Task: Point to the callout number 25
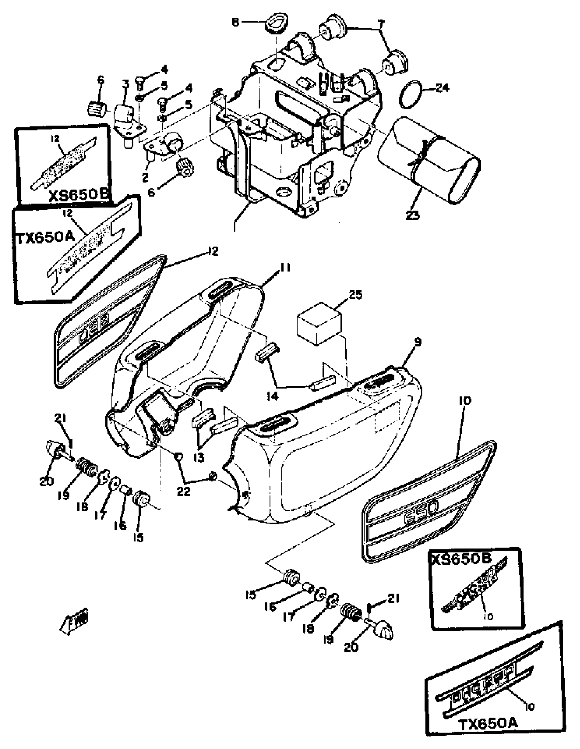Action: pos(355,295)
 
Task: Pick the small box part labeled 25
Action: pos(319,323)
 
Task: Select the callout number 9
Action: pos(417,342)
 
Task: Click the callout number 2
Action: pos(145,177)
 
